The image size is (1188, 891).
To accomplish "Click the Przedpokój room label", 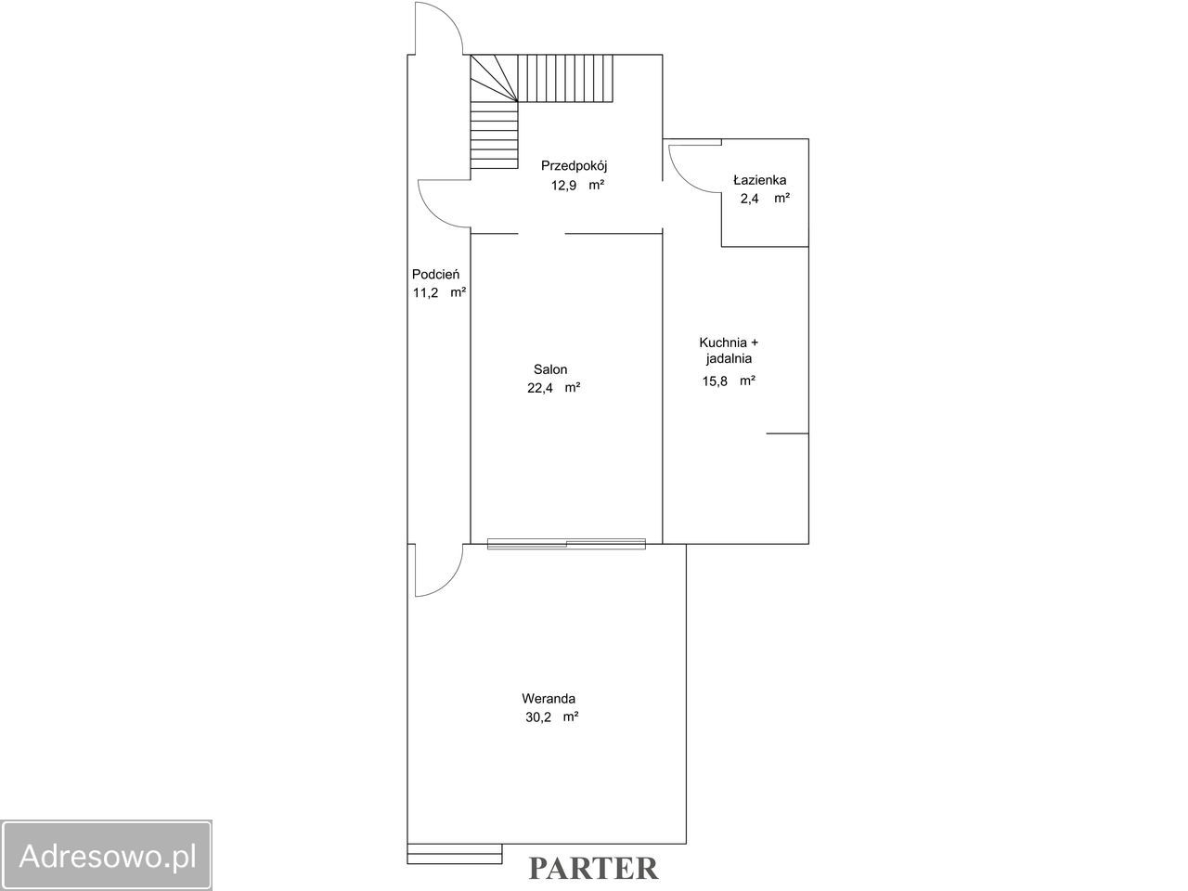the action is (575, 166).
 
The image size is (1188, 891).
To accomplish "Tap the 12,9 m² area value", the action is (577, 185).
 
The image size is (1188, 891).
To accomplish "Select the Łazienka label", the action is (760, 180).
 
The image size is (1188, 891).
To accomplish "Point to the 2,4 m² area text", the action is (765, 198).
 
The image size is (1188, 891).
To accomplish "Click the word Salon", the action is (550, 369).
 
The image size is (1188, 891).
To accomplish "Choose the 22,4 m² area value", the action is (554, 388).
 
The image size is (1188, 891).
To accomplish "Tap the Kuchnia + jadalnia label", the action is (729, 350).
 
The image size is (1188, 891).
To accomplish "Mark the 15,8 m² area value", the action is (729, 381).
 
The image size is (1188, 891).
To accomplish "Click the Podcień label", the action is (435, 274).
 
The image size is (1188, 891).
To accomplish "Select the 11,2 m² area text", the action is (440, 292).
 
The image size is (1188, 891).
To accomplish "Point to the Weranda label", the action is (549, 698).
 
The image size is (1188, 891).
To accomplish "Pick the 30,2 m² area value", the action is (552, 717).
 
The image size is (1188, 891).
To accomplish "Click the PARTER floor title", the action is (593, 869).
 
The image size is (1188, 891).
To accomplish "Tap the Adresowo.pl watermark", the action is (107, 856).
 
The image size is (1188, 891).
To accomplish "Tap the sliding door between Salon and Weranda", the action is (566, 544).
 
